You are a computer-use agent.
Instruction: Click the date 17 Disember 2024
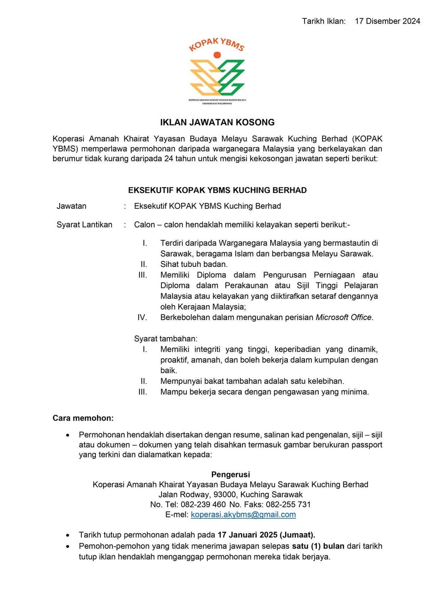tap(387, 21)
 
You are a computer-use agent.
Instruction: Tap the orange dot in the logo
tap(217, 55)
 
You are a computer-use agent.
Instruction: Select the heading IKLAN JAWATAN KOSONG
tap(217, 122)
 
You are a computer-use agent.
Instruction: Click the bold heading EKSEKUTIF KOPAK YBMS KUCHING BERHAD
tap(217, 190)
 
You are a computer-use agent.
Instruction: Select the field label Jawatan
tap(71, 206)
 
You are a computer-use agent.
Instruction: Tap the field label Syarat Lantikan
tap(84, 225)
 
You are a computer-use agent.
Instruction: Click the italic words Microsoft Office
tap(344, 318)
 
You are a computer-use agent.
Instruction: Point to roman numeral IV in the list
tap(142, 318)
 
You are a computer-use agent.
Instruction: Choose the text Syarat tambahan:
tap(166, 339)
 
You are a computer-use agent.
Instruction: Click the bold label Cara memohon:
tap(83, 418)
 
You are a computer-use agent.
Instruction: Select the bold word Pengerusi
tap(230, 475)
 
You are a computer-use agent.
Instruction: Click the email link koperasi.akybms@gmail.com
tap(243, 515)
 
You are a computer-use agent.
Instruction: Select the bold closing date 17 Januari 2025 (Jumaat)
tap(266, 535)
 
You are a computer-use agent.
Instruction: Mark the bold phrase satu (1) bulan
tap(318, 546)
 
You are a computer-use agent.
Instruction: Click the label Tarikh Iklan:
tap(324, 21)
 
